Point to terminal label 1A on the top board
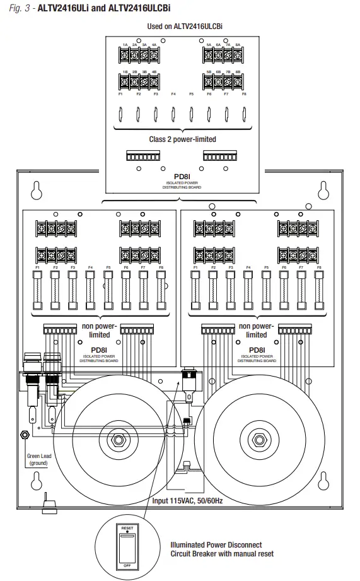(125, 45)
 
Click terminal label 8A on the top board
(238, 45)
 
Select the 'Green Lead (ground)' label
(38, 459)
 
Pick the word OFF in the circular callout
(127, 565)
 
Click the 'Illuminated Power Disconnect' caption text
(216, 544)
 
